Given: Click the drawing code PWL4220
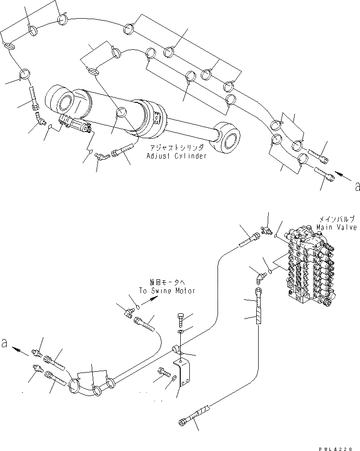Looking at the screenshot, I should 340,446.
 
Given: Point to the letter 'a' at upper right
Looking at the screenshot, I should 356,187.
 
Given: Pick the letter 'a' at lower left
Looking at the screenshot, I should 5,343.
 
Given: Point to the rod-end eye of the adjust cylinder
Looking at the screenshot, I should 229,138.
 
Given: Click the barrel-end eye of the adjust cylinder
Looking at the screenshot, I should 59,101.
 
